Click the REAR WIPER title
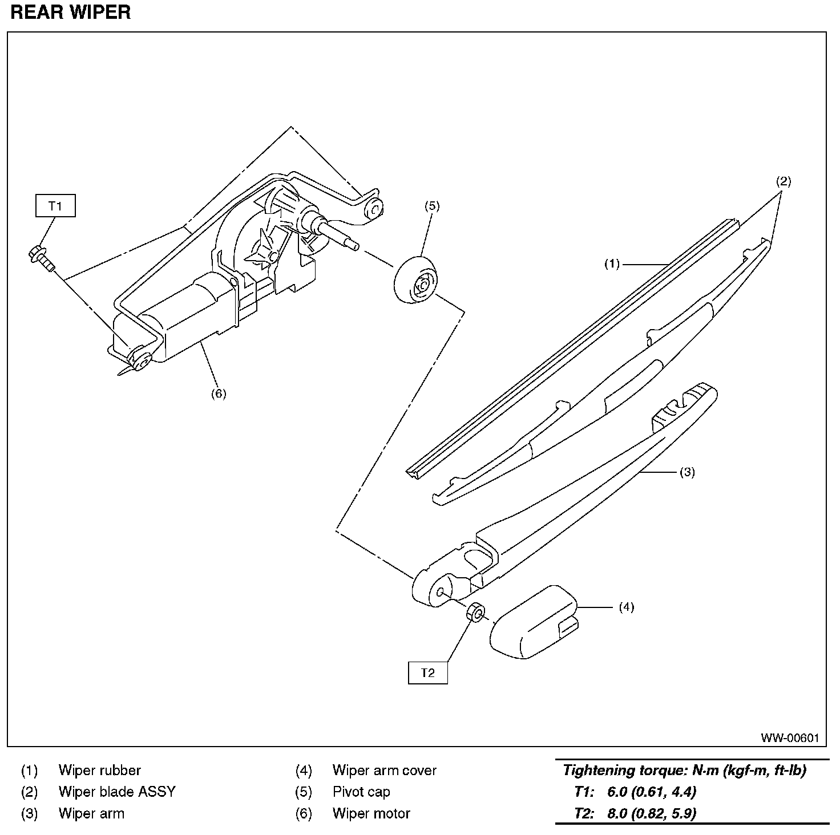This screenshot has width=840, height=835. tap(71, 13)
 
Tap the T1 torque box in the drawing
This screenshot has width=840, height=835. tap(55, 206)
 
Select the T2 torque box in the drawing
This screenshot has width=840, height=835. tap(427, 672)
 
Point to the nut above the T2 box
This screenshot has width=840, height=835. tap(476, 613)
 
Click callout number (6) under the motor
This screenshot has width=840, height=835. tap(218, 393)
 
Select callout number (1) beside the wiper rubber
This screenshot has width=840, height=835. tap(612, 264)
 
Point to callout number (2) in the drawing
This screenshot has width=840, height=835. tap(783, 181)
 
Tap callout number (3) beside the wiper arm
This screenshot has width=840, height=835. tap(687, 472)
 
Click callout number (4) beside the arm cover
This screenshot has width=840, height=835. tap(626, 607)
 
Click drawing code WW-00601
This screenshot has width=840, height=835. tap(789, 738)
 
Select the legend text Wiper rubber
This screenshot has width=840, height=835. tap(99, 771)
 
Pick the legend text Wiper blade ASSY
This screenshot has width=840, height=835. tap(117, 792)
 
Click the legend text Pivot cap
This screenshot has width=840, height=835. tap(361, 792)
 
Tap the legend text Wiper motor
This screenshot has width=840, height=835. tap(371, 813)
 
